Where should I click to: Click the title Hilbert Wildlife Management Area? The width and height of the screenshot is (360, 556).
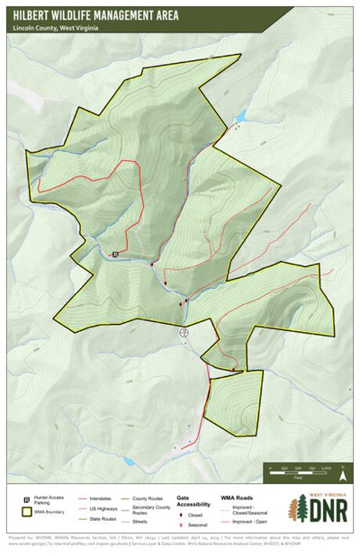94,15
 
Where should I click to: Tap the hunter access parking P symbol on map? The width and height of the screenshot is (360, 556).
115,255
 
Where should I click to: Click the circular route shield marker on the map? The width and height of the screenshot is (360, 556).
184,332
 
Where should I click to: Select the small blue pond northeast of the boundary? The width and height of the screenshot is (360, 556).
240,117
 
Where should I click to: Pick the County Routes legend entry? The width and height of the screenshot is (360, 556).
146,498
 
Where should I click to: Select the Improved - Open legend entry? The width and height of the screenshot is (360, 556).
254,521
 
